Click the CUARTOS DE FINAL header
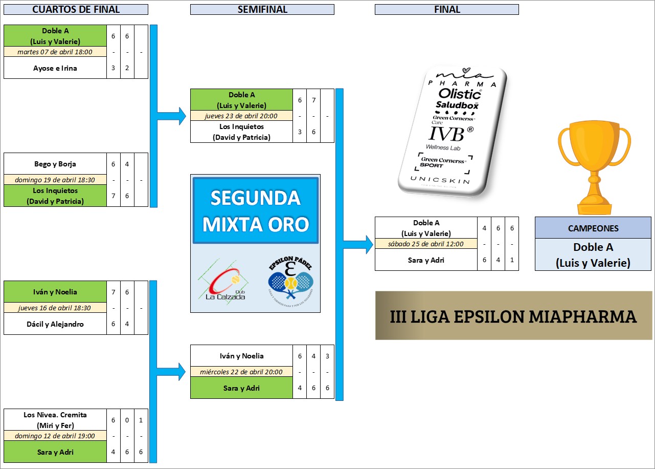click(76, 9)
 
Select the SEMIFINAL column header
click(262, 9)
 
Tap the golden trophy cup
click(594, 168)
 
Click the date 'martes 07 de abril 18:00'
click(55, 52)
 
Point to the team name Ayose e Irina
click(55, 68)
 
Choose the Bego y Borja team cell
click(55, 164)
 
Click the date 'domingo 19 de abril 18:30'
click(55, 180)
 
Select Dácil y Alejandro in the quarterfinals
click(55, 324)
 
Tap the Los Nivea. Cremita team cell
click(55, 420)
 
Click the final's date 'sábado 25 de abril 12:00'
click(426, 244)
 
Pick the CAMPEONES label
click(593, 228)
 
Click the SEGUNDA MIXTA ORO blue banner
click(256, 210)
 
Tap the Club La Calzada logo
click(224, 283)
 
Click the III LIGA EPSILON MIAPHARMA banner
click(513, 315)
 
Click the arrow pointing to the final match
click(358, 244)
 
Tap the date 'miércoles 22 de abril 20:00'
click(241, 372)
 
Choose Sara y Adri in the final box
click(426, 260)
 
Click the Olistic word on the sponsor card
click(460, 94)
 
